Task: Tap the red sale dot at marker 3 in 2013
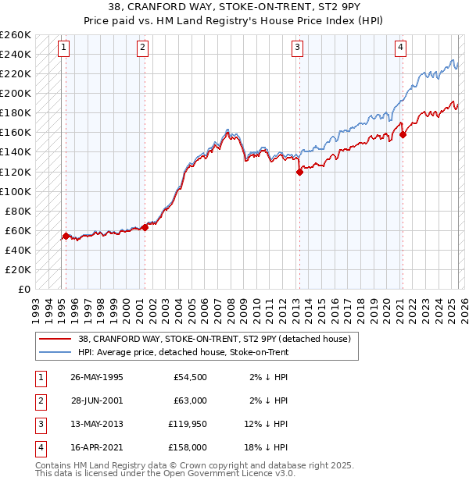299,173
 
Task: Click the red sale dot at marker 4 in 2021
403,134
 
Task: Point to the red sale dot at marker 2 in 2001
145,228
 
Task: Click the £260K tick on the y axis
16,35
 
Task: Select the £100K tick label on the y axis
16,191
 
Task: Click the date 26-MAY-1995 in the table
96,377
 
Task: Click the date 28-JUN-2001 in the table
96,400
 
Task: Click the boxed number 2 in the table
40,400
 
